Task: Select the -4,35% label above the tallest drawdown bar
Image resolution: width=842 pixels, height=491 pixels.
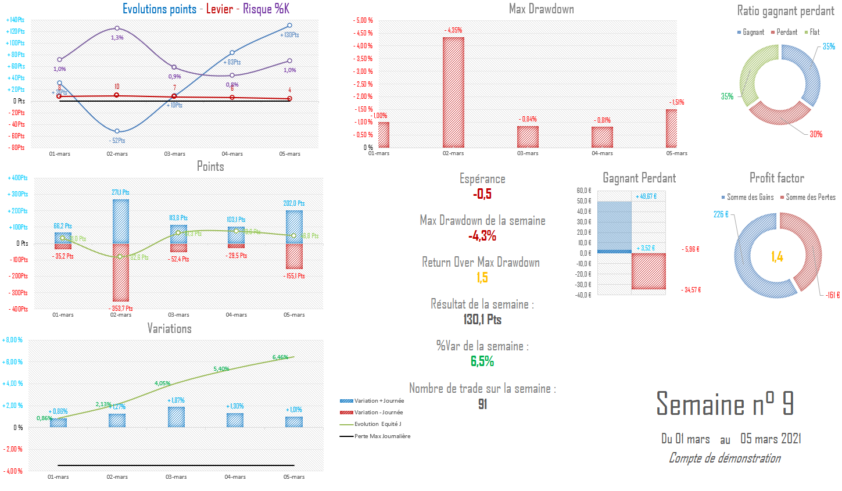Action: tap(453, 30)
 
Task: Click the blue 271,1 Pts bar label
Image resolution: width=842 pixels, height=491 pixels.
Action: tap(121, 192)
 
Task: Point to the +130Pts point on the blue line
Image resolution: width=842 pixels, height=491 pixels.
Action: tap(289, 26)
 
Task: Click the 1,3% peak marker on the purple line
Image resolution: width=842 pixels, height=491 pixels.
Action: tap(117, 28)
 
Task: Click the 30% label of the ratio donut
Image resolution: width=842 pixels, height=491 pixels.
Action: tap(816, 134)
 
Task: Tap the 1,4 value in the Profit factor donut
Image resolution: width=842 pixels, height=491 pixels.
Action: tap(777, 257)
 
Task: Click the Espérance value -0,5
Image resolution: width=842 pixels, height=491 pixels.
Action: tap(482, 194)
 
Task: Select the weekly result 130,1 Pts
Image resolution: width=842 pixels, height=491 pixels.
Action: tap(482, 320)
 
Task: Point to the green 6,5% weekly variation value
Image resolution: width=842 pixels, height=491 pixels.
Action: tap(482, 361)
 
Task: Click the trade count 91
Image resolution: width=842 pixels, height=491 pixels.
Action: tap(482, 404)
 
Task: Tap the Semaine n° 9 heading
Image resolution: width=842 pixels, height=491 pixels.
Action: tap(725, 403)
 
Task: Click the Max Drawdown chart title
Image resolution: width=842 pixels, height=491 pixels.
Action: tap(541, 9)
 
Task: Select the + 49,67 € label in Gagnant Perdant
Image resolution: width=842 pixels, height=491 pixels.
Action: tap(646, 196)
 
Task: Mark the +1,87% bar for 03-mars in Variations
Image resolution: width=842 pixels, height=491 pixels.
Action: tap(176, 417)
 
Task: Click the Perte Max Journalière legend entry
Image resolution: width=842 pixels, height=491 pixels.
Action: tap(382, 436)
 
